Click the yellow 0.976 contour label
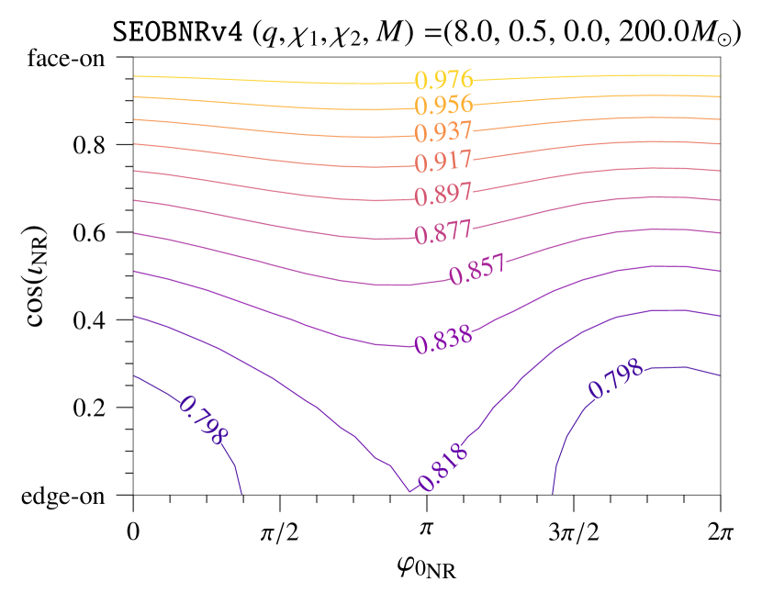pos(443,80)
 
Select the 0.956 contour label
pos(443,105)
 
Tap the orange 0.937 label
pos(443,132)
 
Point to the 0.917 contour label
pos(443,162)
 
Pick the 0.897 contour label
pos(443,195)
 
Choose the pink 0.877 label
pos(443,232)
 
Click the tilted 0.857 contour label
pos(477,270)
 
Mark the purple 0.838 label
pos(443,341)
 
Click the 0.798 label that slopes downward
pos(203,419)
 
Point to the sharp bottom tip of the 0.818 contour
pos(409,492)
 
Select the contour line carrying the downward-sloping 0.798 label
pos(156,386)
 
